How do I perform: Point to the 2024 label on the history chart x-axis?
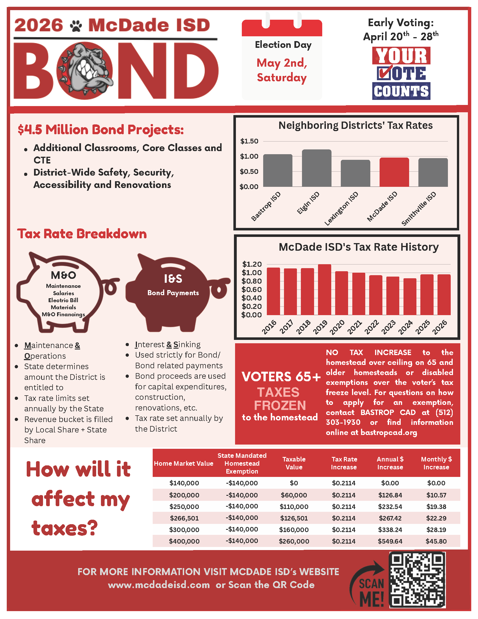405,327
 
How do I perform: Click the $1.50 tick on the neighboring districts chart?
249,141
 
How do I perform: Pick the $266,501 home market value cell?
184,518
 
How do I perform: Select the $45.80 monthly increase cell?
436,541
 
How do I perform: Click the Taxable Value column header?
294,463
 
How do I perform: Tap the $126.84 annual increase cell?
390,495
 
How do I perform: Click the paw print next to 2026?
76,26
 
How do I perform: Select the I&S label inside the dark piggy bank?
173,279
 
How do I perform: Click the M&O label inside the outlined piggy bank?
64,275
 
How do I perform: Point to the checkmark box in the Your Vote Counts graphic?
384,73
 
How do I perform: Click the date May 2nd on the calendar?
281,63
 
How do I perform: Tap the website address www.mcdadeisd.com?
159,585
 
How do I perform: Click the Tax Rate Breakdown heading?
82,234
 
